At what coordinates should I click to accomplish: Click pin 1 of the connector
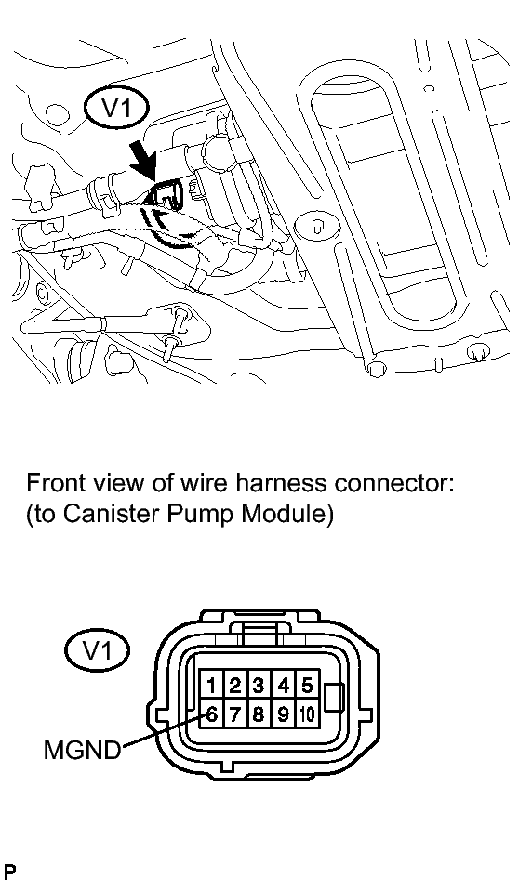[x=211, y=686]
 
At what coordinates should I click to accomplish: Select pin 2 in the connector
[x=234, y=686]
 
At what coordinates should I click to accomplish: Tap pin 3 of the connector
[x=259, y=686]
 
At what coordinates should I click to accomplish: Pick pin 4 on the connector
[x=282, y=686]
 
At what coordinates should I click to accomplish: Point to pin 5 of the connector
[x=306, y=686]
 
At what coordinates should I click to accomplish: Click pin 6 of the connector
[x=211, y=714]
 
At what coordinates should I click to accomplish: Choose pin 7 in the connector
[x=234, y=714]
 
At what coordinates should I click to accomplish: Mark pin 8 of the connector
[x=259, y=714]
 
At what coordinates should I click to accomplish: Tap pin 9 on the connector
[x=282, y=714]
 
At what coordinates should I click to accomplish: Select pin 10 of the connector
[x=306, y=714]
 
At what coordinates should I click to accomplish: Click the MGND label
[x=83, y=751]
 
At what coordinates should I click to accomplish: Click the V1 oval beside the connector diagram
[x=98, y=650]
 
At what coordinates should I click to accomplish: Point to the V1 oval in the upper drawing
[x=116, y=110]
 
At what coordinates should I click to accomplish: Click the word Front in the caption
[x=54, y=483]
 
